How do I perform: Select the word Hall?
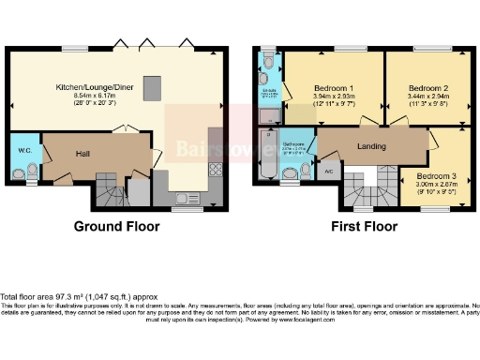pos(82,154)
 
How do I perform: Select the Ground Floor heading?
pos(115,226)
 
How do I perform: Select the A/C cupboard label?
pos(329,171)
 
